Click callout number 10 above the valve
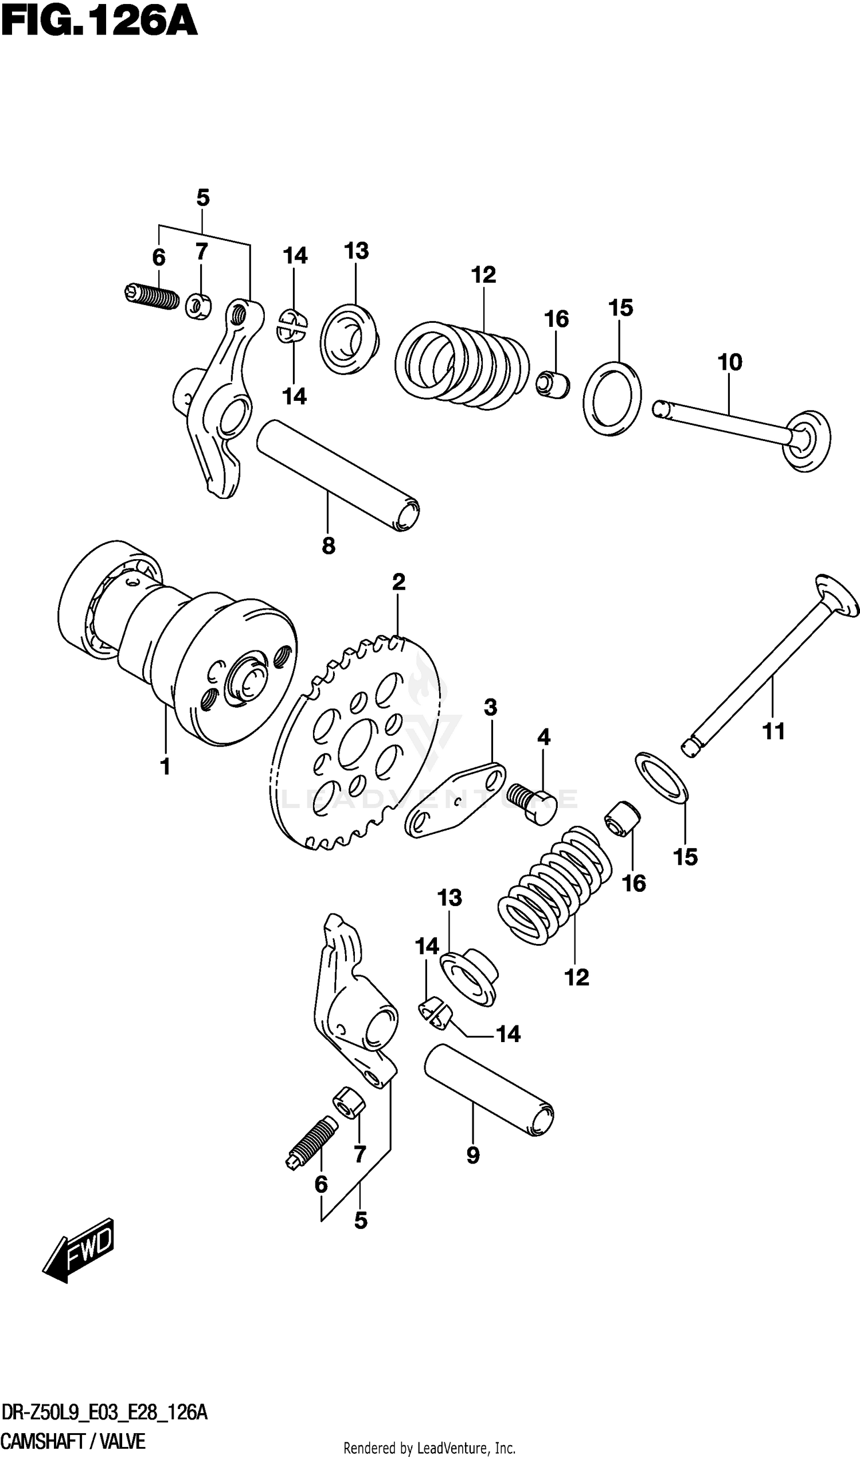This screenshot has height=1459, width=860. [x=730, y=363]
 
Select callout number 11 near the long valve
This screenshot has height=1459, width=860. [x=773, y=731]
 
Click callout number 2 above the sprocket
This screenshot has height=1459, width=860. [x=398, y=582]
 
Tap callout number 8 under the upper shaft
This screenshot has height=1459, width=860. [x=328, y=545]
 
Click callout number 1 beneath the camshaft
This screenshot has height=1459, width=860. [x=165, y=767]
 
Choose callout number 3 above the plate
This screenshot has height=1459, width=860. [x=490, y=708]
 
